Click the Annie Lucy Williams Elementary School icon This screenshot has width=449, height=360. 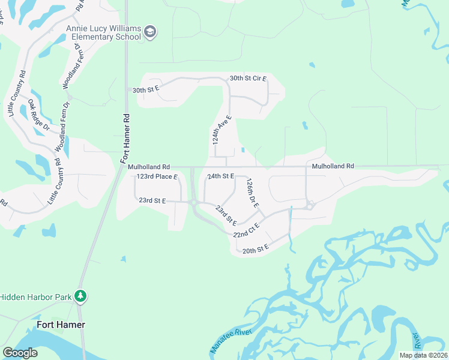click(150, 32)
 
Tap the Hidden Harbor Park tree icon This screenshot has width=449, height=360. click(80, 296)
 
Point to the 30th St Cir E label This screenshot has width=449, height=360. click(247, 79)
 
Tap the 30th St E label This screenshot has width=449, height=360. click(146, 89)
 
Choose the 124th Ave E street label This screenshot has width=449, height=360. click(221, 130)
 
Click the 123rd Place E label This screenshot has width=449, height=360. click(157, 177)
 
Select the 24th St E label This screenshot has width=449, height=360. click(220, 176)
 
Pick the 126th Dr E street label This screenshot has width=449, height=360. click(252, 193)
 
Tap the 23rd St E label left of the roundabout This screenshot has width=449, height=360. click(152, 200)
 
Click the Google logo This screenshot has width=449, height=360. click(20, 353)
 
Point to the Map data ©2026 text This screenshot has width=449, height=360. click(423, 355)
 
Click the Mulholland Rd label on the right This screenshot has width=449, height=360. click(333, 166)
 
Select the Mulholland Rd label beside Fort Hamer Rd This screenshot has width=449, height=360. click(149, 167)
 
